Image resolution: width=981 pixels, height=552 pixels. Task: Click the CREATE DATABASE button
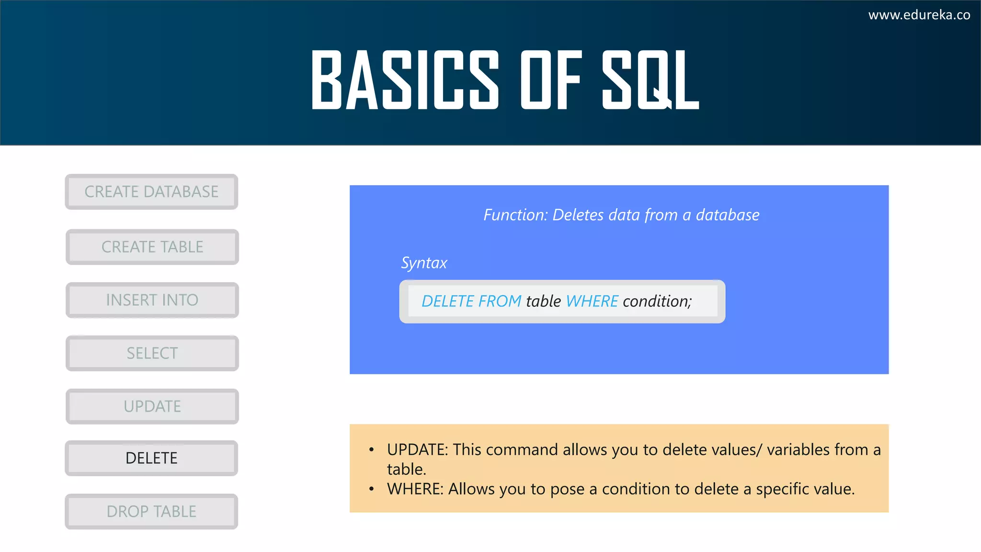point(151,192)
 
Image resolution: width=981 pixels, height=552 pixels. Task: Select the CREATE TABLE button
point(152,247)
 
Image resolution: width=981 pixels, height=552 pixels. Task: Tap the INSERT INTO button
point(152,300)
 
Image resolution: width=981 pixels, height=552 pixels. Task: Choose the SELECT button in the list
point(152,353)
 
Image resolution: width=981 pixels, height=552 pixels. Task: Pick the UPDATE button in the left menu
point(152,406)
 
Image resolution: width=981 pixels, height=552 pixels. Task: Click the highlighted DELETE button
point(151,458)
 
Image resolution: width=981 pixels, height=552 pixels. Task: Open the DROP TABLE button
point(151,511)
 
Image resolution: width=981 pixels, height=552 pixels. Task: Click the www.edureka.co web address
point(919,15)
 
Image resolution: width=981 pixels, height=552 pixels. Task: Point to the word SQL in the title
point(650,80)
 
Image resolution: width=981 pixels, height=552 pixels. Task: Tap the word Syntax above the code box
point(424,263)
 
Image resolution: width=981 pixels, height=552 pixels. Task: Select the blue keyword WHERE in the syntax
point(592,301)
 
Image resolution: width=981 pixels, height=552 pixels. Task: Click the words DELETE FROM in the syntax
point(471,301)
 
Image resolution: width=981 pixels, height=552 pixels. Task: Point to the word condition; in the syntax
point(657,301)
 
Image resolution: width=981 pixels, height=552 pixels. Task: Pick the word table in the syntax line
point(543,301)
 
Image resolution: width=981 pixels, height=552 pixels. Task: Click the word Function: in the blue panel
point(515,215)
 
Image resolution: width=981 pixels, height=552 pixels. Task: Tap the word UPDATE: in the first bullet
point(417,449)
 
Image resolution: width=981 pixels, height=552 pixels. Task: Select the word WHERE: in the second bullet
point(415,489)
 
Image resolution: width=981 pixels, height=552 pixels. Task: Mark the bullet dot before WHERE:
point(371,489)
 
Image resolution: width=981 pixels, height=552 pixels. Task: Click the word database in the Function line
point(727,215)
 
